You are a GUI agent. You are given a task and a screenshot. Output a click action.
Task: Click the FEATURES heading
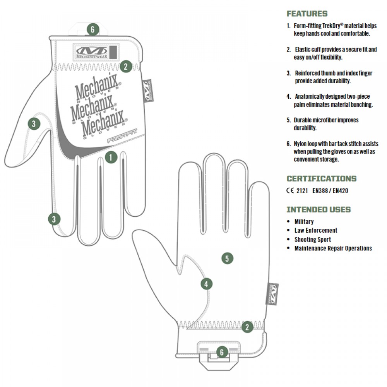(307, 14)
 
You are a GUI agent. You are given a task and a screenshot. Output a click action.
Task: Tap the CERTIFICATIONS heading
(321, 179)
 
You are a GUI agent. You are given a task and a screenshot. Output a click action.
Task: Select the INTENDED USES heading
(318, 210)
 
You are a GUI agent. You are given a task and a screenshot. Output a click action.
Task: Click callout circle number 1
(111, 157)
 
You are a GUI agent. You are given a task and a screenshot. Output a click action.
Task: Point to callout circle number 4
(206, 284)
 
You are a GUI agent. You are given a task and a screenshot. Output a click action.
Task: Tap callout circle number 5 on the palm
(227, 258)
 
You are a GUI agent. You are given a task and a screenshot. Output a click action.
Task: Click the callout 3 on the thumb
(34, 124)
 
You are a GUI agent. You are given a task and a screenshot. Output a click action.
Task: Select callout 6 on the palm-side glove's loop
(221, 352)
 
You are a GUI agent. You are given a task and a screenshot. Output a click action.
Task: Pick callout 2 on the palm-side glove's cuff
(247, 327)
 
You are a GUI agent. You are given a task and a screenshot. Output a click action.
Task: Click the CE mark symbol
(290, 190)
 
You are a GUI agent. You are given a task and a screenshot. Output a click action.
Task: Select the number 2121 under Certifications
(302, 190)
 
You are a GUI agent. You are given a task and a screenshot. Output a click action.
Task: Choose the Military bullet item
(304, 222)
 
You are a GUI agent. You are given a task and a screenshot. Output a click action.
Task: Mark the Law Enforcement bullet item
(315, 231)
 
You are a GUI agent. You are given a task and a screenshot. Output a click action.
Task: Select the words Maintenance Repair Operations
(333, 248)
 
